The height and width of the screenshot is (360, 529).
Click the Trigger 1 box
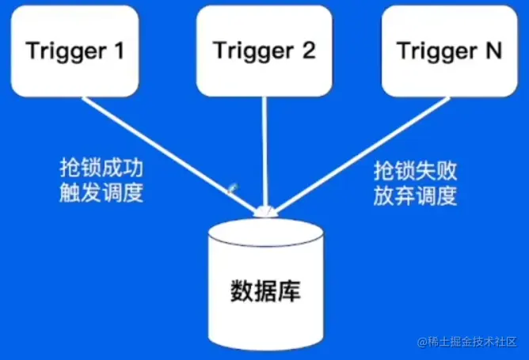click(x=75, y=50)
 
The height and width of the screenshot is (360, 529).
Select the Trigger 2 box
click(x=264, y=50)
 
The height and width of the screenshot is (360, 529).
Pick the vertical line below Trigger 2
click(x=263, y=150)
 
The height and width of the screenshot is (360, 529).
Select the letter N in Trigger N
click(x=492, y=51)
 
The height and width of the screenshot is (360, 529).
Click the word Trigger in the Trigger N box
click(x=434, y=51)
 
